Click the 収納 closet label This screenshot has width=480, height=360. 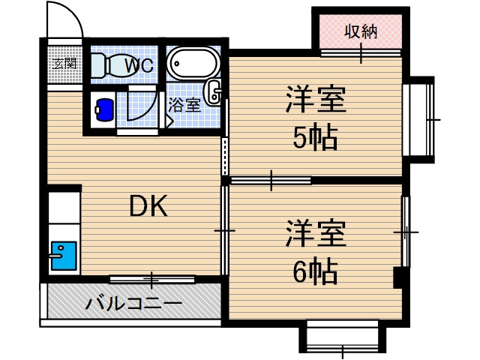(360, 31)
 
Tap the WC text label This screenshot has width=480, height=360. (139, 65)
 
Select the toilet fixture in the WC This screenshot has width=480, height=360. (109, 66)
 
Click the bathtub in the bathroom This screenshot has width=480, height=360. (192, 63)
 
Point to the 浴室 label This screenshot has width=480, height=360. (184, 104)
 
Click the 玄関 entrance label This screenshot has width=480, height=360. (65, 63)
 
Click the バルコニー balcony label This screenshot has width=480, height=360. (133, 304)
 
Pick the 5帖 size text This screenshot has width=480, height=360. (315, 139)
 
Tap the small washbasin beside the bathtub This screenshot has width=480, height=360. (216, 91)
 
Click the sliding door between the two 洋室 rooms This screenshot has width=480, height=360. (270, 180)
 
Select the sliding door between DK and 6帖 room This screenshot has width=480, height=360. (223, 230)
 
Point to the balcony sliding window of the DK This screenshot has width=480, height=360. (151, 280)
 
